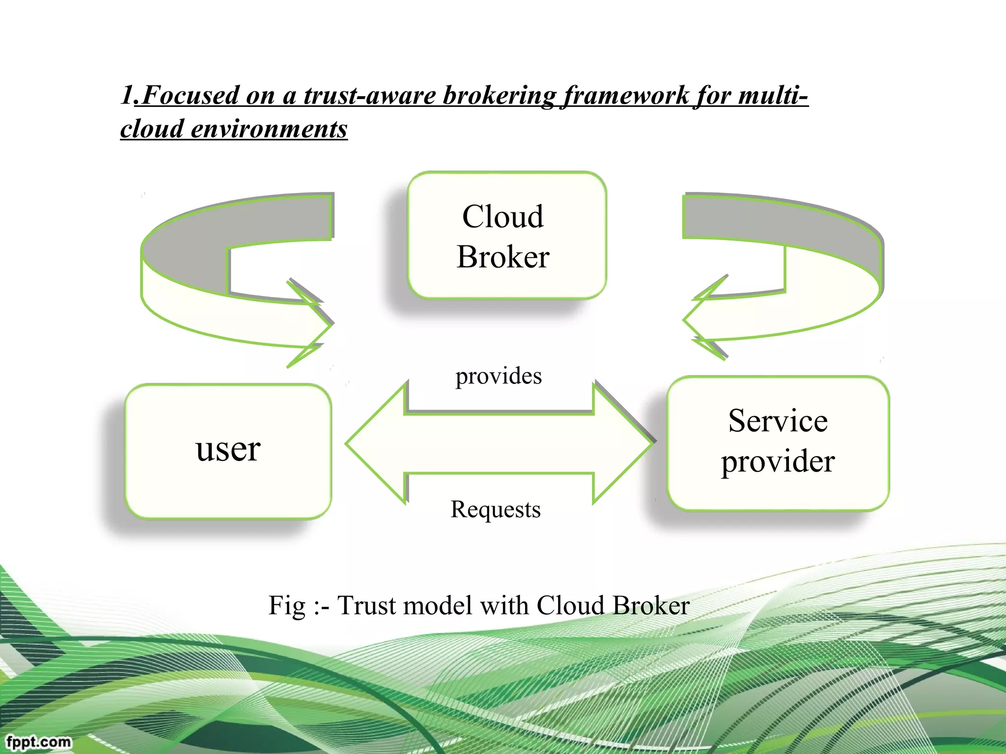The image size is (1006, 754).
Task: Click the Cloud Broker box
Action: (x=506, y=236)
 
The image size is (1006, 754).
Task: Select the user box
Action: (x=228, y=451)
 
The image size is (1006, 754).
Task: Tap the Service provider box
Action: (x=778, y=443)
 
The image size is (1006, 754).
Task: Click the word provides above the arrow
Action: (x=498, y=376)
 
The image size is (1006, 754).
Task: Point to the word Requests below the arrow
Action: (x=495, y=509)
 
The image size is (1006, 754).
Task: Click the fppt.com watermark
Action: (x=39, y=741)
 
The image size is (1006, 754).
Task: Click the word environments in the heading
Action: (x=269, y=129)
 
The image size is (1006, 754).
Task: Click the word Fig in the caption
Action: (x=287, y=606)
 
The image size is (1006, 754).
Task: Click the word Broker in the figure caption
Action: (x=651, y=606)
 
